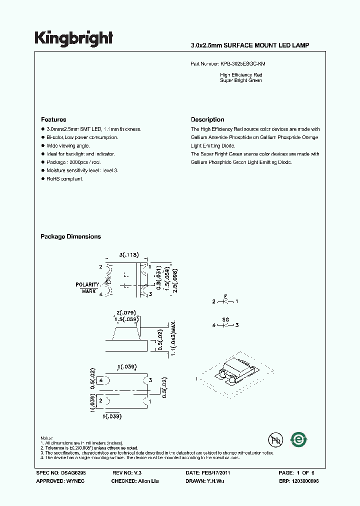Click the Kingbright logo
(74, 38)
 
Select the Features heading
(53, 119)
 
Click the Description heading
(207, 119)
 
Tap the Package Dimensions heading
(70, 236)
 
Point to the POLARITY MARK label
(88, 287)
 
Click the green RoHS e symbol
(299, 439)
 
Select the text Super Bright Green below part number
(241, 80)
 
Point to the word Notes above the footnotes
(47, 438)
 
